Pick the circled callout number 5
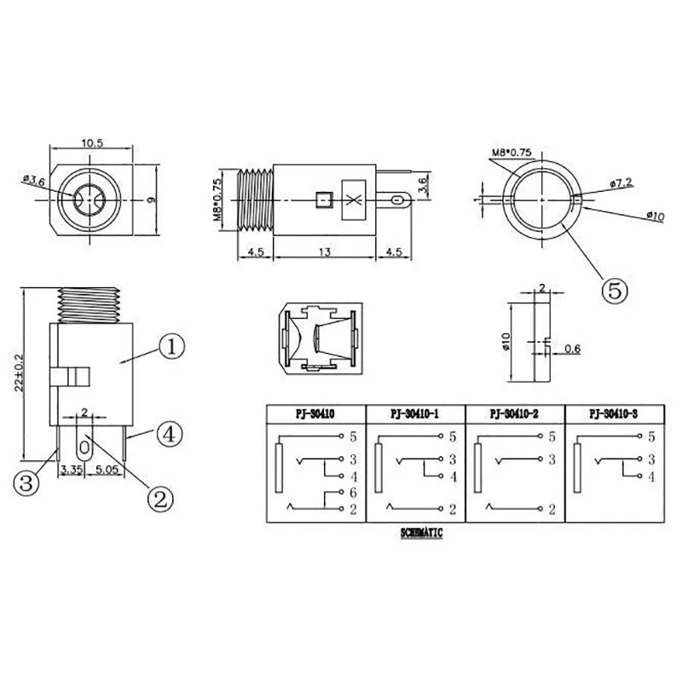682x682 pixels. point(615,290)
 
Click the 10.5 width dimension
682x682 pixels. point(94,143)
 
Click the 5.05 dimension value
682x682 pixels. point(107,469)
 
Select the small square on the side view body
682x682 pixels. point(322,200)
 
